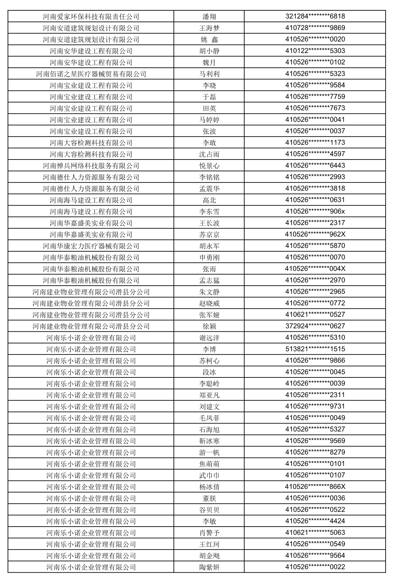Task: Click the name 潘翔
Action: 209,17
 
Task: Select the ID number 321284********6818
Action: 315,16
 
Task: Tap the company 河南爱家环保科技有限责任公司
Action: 91,17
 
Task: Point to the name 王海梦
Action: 209,28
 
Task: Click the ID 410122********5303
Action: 315,51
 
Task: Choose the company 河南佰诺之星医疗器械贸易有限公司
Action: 91,74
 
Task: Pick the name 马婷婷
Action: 209,120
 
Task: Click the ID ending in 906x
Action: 315,211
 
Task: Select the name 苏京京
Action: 209,235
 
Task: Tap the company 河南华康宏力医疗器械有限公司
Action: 91,246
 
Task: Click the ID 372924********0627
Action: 315,326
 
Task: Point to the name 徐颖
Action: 209,326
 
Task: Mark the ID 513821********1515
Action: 315,349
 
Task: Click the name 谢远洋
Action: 209,338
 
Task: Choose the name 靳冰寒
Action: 209,441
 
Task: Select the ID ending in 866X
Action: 315,487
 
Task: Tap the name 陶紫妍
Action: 209,567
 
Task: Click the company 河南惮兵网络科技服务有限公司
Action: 91,166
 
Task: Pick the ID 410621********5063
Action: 315,533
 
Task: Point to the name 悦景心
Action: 209,166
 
